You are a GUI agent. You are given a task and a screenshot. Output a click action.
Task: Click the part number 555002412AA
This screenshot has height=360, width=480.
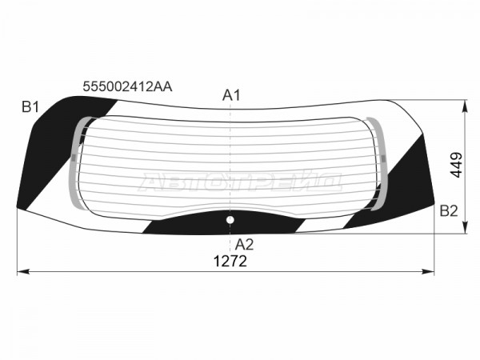click(x=127, y=87)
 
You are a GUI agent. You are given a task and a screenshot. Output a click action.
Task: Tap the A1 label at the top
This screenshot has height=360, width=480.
click(x=231, y=95)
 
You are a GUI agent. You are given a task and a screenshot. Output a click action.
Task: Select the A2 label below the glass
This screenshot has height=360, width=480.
click(x=244, y=245)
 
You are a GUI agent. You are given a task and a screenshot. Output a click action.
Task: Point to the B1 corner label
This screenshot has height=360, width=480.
click(x=30, y=107)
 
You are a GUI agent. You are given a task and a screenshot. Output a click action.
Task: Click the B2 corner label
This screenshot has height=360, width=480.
click(x=449, y=211)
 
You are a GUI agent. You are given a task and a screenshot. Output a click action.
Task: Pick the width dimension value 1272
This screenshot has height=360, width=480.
click(x=230, y=262)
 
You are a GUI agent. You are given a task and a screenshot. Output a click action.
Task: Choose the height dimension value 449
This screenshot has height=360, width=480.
click(x=456, y=165)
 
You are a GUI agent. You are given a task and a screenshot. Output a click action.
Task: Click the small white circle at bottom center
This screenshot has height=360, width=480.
click(x=230, y=220)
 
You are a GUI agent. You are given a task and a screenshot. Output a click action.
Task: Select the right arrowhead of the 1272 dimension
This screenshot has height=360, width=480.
click(x=428, y=271)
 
